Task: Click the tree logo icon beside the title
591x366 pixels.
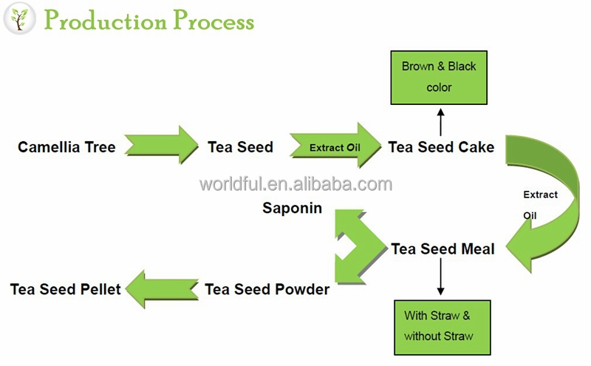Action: (19, 19)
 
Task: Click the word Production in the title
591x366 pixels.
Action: (105, 20)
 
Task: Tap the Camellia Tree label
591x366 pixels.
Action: (66, 147)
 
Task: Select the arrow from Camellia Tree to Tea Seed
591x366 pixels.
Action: (161, 145)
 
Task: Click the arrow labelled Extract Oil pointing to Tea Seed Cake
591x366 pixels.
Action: (335, 145)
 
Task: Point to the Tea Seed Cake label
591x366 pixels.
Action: (441, 147)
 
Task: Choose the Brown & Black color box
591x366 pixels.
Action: (439, 78)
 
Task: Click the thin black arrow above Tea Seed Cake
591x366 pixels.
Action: (440, 122)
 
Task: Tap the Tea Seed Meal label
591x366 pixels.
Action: (443, 249)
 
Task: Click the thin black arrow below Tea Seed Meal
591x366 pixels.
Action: (440, 277)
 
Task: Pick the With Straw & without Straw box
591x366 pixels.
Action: (442, 328)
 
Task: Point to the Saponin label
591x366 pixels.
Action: (292, 208)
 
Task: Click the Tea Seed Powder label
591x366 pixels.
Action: (267, 289)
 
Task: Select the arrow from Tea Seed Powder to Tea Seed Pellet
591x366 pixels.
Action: (162, 289)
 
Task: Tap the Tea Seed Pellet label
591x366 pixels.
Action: (65, 289)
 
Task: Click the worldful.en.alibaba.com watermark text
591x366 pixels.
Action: (296, 184)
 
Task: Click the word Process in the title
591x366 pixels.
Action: (213, 20)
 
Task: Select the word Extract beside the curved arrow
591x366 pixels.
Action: (540, 194)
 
